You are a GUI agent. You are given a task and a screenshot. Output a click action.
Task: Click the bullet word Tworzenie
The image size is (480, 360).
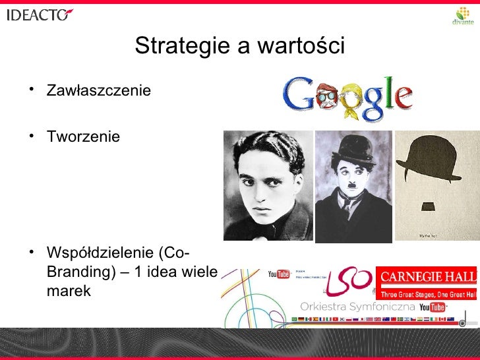click(x=83, y=137)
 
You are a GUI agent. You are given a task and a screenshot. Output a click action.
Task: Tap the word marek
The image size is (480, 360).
click(x=69, y=290)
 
